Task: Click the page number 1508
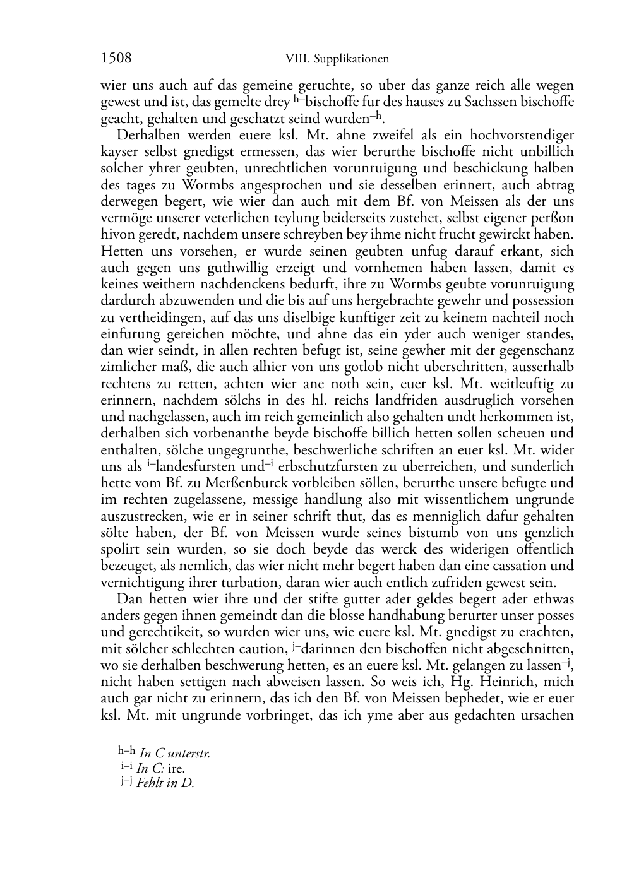(x=116, y=59)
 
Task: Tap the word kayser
(x=121, y=152)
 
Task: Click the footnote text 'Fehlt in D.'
(x=165, y=784)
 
